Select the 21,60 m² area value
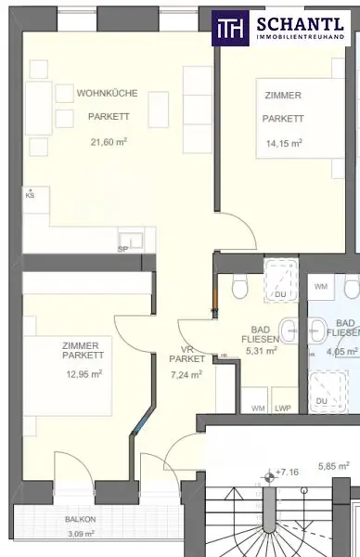point(108,142)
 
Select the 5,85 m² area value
point(333,466)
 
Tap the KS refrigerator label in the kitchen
point(30,196)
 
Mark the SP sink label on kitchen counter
point(122,249)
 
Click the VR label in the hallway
point(186,348)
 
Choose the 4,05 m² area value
point(342,353)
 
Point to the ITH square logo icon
point(229,29)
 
